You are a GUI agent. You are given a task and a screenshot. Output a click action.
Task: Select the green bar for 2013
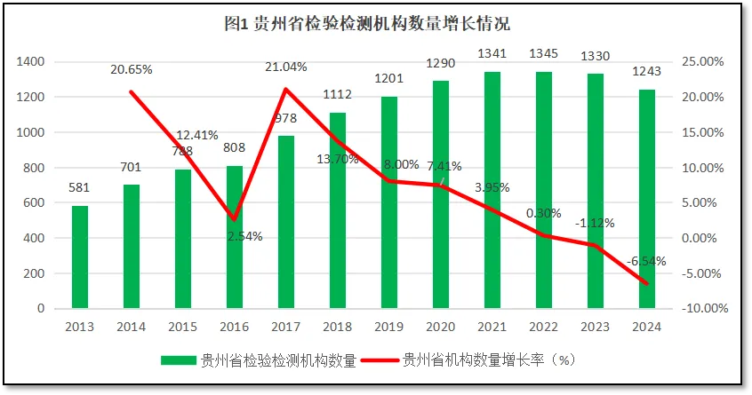[80, 257]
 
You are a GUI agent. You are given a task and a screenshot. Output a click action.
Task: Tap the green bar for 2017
[285, 222]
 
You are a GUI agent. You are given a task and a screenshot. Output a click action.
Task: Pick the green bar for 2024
[646, 199]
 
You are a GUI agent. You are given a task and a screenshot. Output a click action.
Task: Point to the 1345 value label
[543, 54]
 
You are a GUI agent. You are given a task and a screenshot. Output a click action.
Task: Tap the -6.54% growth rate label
[646, 261]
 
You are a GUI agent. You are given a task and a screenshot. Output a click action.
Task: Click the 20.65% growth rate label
[132, 68]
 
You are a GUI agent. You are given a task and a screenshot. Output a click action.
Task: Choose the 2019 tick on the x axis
[388, 326]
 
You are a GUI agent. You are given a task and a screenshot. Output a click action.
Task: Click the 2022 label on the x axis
[543, 326]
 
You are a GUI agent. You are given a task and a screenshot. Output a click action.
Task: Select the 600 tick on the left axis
[34, 202]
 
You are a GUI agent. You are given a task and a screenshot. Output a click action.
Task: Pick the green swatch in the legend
[179, 360]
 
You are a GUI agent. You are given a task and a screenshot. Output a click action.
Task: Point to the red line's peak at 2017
[285, 89]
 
